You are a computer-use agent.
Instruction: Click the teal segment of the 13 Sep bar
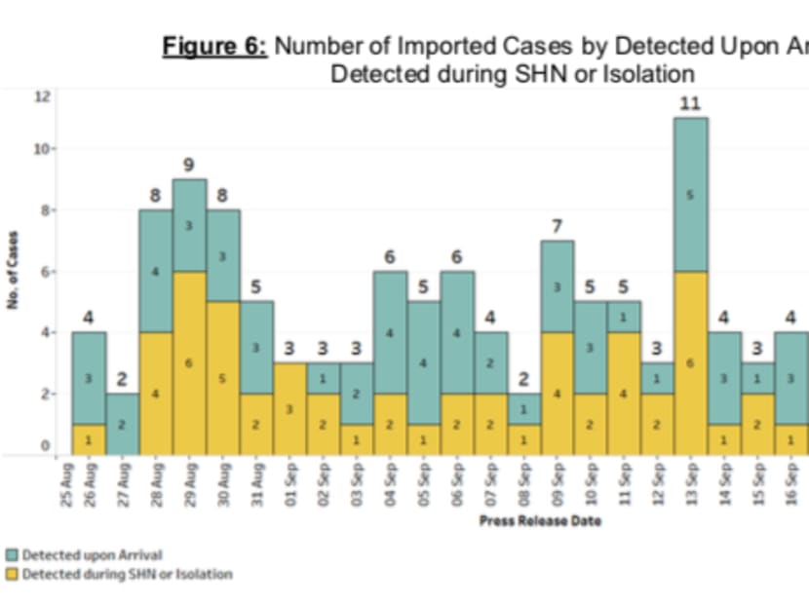(x=689, y=194)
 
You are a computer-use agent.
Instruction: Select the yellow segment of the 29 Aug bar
(x=189, y=362)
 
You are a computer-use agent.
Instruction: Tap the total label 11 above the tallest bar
(x=690, y=103)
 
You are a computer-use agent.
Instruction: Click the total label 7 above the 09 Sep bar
(x=557, y=226)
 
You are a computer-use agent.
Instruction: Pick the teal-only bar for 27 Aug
(x=123, y=424)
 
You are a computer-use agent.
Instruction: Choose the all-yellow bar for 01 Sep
(x=289, y=409)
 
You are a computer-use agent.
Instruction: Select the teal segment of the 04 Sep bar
(x=390, y=332)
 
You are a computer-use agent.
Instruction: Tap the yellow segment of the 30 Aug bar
(x=222, y=378)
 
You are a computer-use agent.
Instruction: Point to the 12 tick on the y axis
(x=42, y=95)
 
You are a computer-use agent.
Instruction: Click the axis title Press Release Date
(x=540, y=520)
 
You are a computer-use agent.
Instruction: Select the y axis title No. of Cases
(x=15, y=271)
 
